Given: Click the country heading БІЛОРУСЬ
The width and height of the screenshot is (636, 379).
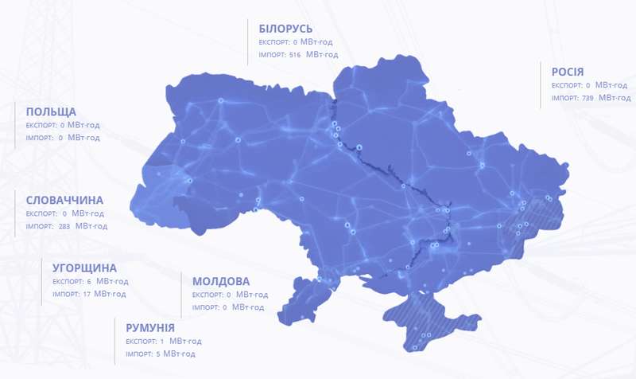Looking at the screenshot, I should (x=285, y=29).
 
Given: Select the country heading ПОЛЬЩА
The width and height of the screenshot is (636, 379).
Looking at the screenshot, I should (x=51, y=111).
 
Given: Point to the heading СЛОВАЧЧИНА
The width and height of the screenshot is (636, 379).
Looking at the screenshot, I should (x=64, y=200).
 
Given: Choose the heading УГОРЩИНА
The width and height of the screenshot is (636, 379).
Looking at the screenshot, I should (x=84, y=268).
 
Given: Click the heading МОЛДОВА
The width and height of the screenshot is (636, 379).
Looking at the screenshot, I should (x=221, y=281).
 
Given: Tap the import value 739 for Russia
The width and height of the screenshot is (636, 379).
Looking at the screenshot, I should (x=588, y=98).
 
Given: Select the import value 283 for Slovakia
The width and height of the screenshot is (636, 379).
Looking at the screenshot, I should (x=64, y=226).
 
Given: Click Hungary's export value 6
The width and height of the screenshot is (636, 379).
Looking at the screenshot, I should (x=90, y=281).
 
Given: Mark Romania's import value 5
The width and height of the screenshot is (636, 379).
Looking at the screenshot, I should (x=158, y=354).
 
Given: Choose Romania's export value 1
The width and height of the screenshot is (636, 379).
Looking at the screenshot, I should (x=161, y=341).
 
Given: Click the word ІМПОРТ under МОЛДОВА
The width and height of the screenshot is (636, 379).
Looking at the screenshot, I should (x=205, y=307).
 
